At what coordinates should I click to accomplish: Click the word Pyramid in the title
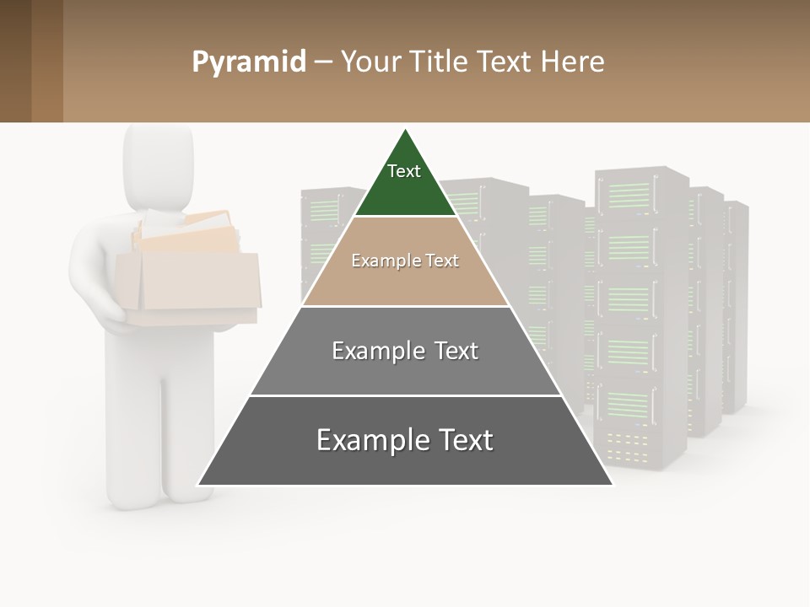[248, 62]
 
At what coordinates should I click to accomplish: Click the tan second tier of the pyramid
[405, 282]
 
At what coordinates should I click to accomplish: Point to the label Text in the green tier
[404, 171]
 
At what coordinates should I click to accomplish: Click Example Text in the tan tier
[405, 261]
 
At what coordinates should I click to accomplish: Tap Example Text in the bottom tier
[405, 440]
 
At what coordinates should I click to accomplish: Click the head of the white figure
[159, 164]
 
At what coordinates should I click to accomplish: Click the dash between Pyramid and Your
[323, 62]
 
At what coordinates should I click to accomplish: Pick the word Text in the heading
[505, 62]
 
